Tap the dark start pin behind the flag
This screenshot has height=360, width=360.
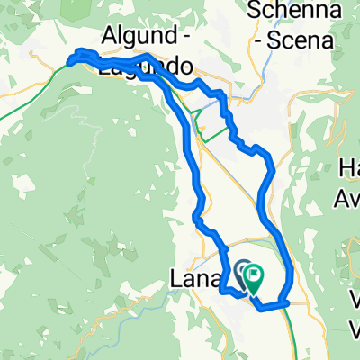[244, 269]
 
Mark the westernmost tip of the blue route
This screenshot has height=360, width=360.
[67, 61]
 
